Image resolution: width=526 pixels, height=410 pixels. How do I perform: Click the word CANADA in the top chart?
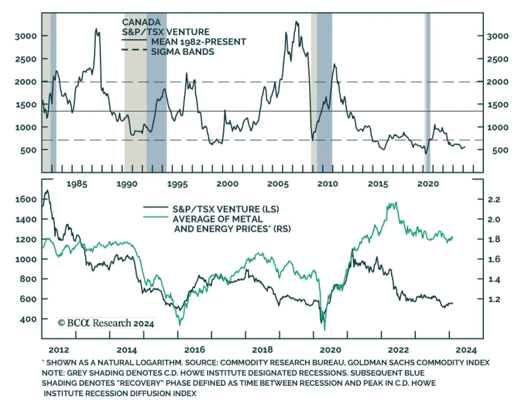(141, 22)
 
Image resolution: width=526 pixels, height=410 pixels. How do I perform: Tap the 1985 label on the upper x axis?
(77, 184)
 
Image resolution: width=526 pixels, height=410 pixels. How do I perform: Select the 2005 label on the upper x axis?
(278, 184)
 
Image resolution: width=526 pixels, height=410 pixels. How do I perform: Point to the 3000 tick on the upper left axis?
(26, 36)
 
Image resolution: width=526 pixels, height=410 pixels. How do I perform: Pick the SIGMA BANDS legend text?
(182, 52)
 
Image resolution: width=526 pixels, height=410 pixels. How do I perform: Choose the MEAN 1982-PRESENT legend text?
(199, 42)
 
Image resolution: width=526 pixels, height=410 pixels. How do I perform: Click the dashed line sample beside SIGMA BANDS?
(134, 50)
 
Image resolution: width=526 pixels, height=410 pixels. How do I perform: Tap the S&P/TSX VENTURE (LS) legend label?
(226, 209)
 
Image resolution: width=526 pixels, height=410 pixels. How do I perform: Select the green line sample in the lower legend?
(155, 217)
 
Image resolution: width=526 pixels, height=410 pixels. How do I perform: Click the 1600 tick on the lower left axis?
(26, 199)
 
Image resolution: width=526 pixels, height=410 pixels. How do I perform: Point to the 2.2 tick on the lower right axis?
(493, 200)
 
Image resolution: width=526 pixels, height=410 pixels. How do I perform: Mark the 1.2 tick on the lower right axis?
(493, 300)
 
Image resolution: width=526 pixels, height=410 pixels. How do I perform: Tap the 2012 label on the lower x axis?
(59, 350)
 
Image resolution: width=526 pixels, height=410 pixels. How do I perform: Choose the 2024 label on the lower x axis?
(466, 350)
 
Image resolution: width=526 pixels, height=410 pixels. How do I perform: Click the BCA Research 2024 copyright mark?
(106, 323)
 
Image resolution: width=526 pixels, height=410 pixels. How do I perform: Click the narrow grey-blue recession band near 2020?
(427, 92)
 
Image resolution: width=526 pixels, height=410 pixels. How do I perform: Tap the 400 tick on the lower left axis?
(28, 319)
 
